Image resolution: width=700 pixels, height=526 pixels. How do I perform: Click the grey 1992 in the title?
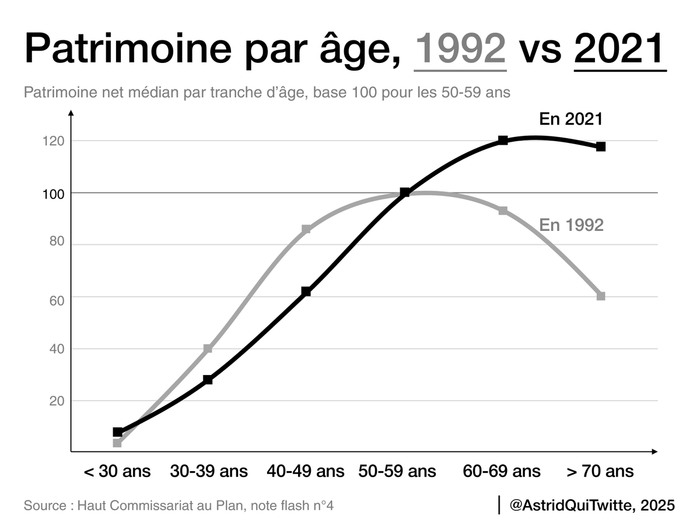460,49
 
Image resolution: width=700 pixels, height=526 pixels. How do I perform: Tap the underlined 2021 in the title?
620,49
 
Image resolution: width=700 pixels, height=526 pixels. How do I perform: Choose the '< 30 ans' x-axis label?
117,471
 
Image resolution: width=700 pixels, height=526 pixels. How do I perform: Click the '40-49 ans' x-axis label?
306,471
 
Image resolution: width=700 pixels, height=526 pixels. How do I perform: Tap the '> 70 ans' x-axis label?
600,471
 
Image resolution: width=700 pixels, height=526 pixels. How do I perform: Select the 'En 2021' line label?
570,120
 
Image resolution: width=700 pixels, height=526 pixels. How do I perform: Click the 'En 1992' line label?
571,225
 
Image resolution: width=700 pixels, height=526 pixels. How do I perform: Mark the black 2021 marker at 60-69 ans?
503,141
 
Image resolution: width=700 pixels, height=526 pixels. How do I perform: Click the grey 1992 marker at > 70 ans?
601,296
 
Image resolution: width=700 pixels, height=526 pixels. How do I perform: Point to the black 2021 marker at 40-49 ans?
306,291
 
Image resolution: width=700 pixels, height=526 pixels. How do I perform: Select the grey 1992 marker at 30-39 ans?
208,349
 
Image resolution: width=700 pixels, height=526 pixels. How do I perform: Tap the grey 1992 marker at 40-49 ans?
306,229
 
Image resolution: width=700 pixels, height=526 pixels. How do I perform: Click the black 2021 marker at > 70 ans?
601,147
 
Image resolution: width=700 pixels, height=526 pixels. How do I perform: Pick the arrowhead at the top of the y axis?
71,113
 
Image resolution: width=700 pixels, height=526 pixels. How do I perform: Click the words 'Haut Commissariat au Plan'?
161,505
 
